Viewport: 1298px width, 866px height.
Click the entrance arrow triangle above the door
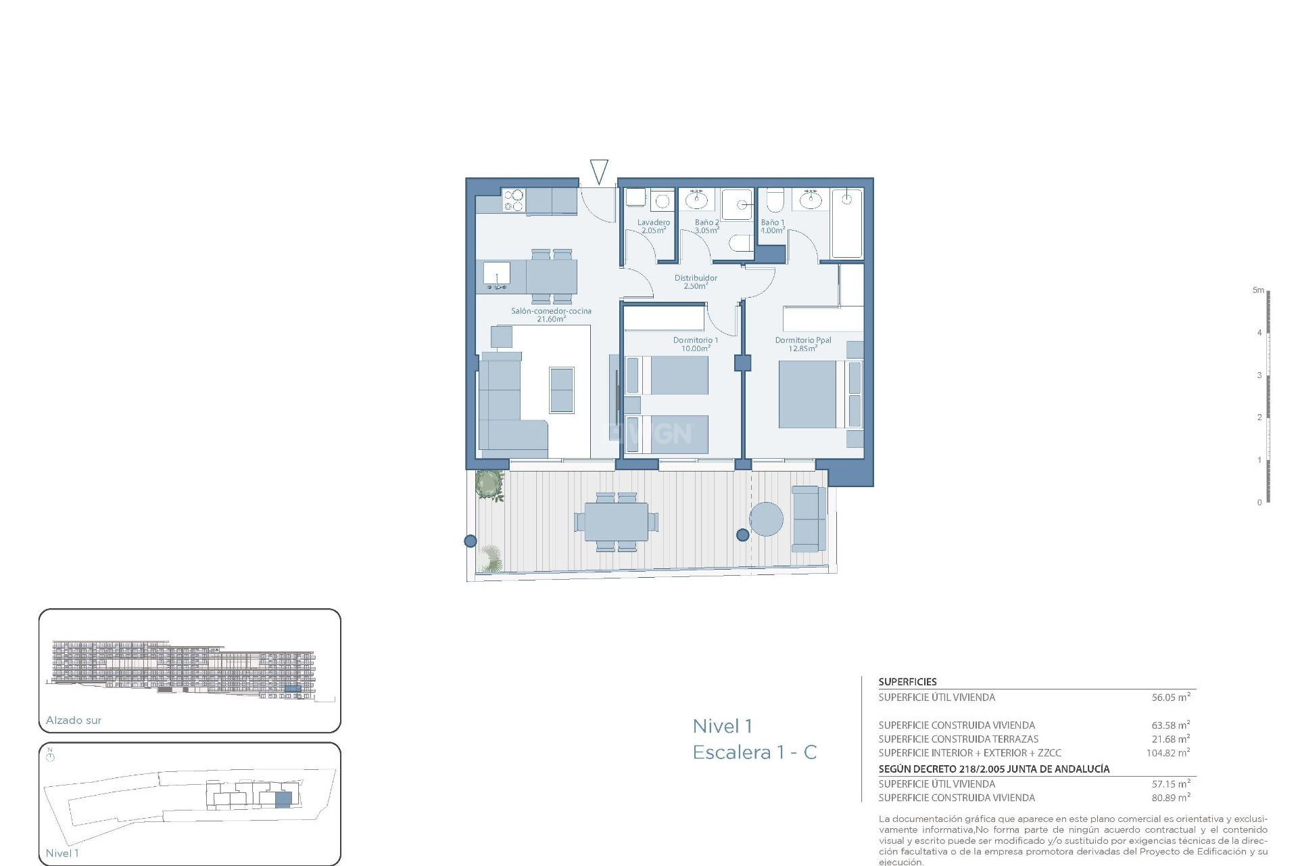pyautogui.click(x=599, y=170)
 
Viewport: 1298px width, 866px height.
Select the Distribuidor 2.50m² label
pyautogui.click(x=696, y=281)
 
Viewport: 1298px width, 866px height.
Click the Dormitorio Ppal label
pyautogui.click(x=802, y=344)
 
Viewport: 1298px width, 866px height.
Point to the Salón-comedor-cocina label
pyautogui.click(x=551, y=315)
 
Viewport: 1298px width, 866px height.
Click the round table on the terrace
pyautogui.click(x=767, y=519)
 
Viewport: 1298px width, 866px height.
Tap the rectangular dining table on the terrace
pyautogui.click(x=615, y=522)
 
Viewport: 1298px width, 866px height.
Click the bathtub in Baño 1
pyautogui.click(x=846, y=223)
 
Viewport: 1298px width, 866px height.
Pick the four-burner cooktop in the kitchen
pyautogui.click(x=514, y=201)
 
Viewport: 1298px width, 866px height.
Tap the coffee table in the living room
pyautogui.click(x=561, y=390)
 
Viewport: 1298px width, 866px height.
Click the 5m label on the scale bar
pyautogui.click(x=1257, y=290)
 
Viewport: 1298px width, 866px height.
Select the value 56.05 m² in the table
pyautogui.click(x=1170, y=697)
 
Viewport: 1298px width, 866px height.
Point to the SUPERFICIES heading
pyautogui.click(x=907, y=682)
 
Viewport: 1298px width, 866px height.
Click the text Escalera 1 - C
pyautogui.click(x=754, y=752)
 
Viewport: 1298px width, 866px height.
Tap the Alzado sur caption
pyautogui.click(x=74, y=721)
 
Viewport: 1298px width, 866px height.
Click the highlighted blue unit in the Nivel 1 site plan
pyautogui.click(x=283, y=800)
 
